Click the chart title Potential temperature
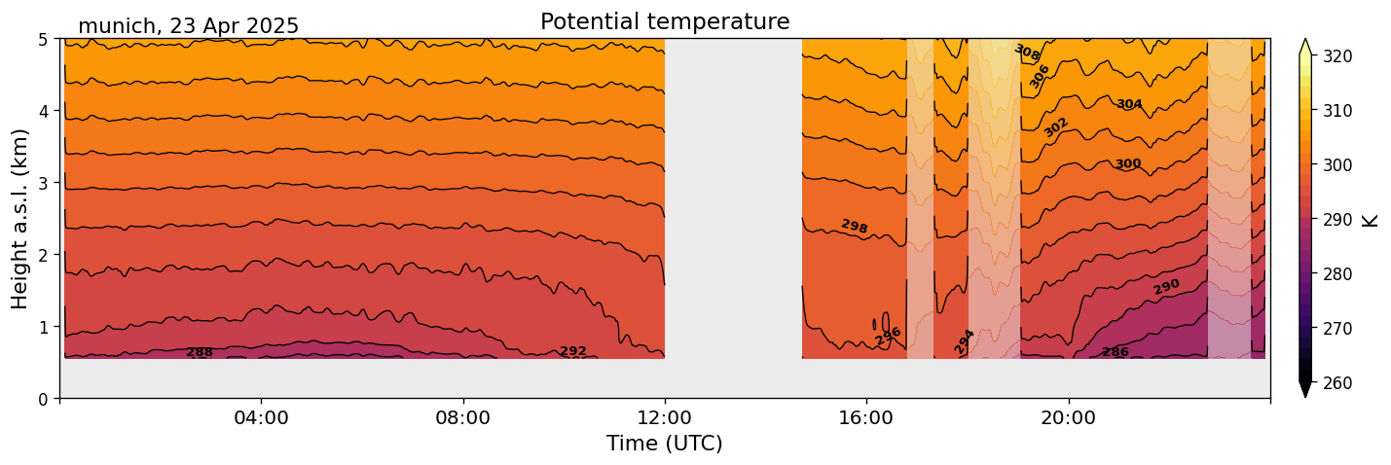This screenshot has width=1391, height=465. (x=665, y=21)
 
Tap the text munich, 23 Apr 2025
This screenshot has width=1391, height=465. (x=188, y=26)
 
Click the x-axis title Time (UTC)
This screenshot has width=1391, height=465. (x=665, y=444)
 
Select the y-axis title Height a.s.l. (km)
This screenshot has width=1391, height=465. (x=20, y=218)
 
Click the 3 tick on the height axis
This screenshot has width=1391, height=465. (x=43, y=183)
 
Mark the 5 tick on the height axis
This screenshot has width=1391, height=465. (x=43, y=39)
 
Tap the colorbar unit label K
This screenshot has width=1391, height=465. (x=1371, y=220)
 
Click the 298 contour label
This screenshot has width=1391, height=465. (x=854, y=227)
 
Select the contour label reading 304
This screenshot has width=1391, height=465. (x=1129, y=104)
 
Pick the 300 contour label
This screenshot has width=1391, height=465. (x=1127, y=163)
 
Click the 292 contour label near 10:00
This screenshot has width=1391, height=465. (x=573, y=351)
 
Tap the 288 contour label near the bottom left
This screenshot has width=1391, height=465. (x=200, y=352)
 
